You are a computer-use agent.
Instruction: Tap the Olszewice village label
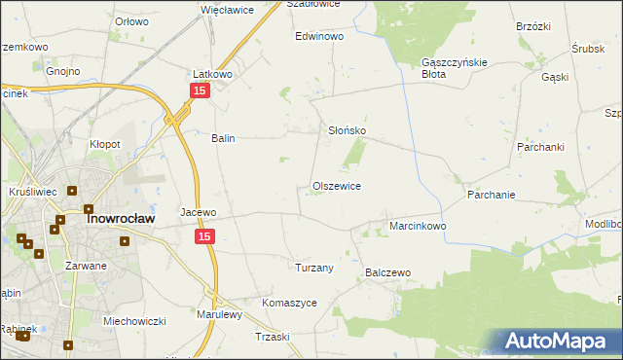(337, 186)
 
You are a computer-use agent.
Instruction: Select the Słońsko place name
(346, 130)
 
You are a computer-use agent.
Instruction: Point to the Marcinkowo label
(418, 226)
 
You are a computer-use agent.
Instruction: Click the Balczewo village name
(389, 273)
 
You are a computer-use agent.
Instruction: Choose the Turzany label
(314, 268)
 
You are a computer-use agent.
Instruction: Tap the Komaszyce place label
(289, 303)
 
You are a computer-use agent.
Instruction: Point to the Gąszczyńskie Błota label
(447, 66)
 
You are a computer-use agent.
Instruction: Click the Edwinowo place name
(320, 36)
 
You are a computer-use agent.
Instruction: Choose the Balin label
(224, 138)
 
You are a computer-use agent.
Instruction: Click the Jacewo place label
(198, 211)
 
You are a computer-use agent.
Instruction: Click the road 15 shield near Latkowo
(199, 90)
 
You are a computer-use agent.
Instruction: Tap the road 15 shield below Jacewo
(204, 236)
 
